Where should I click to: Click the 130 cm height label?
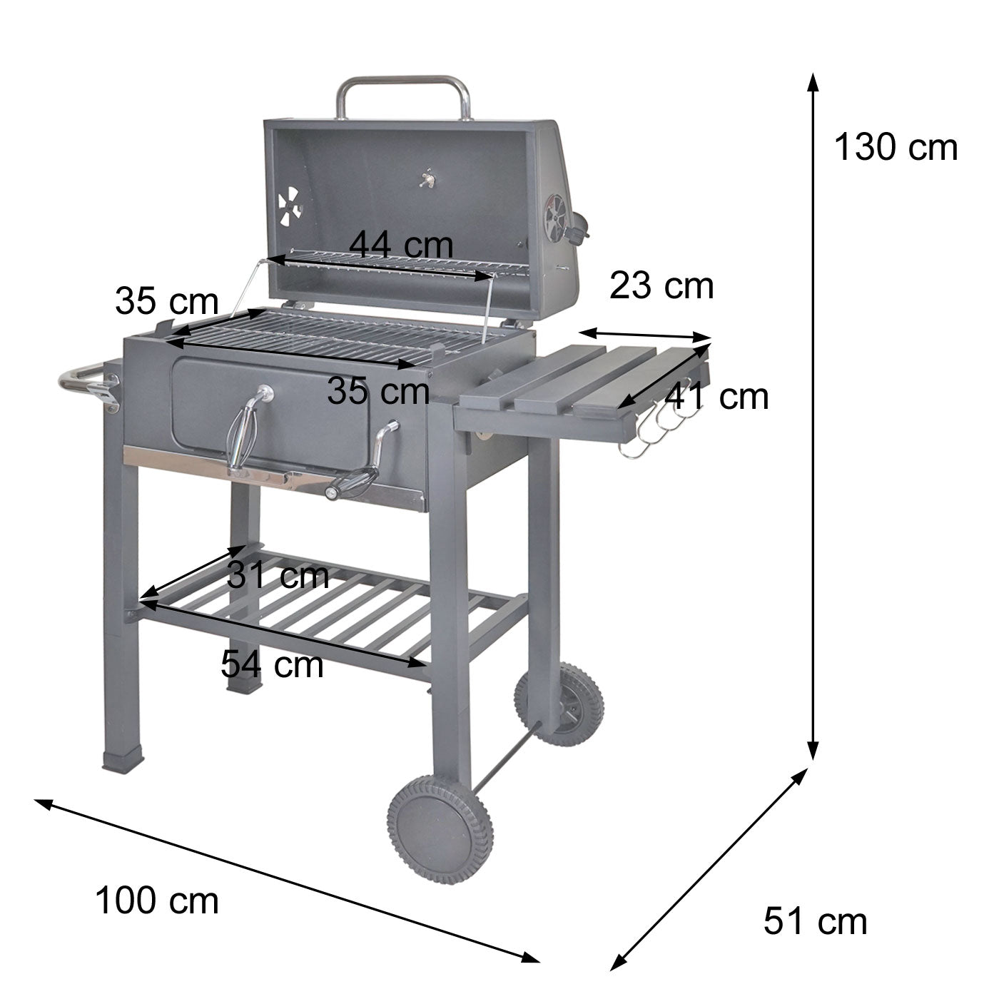coord(896,148)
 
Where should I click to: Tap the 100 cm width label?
coord(157,900)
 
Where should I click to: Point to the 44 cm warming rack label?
coord(401,245)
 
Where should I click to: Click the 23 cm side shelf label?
coord(661,286)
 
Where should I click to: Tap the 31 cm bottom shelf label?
coord(278,575)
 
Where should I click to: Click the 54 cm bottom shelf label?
coord(272,664)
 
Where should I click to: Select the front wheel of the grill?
coord(440,830)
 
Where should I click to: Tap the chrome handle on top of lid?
coord(403,89)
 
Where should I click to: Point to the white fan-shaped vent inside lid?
coord(289,206)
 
